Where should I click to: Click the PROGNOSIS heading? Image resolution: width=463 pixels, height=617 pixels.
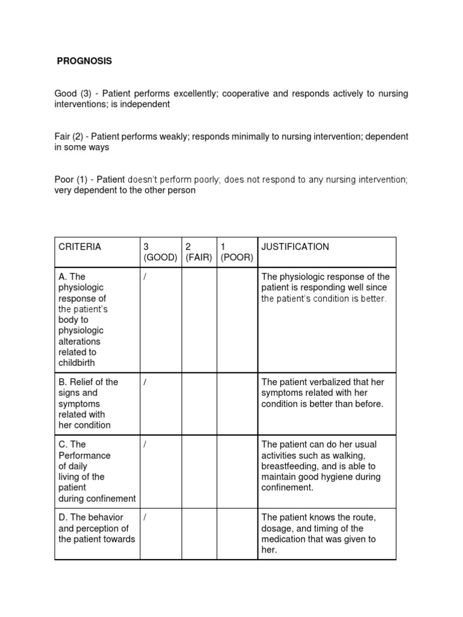coord(84,61)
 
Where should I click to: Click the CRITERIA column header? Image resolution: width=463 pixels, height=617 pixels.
coord(80,246)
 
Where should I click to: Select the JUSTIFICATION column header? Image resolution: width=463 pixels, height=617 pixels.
coord(295,246)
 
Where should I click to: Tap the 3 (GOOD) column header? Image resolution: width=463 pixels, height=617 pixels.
coord(160,252)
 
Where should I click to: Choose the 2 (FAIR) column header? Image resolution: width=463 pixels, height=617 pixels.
coord(198,252)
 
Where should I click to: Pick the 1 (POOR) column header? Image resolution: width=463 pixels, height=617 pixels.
coord(236,252)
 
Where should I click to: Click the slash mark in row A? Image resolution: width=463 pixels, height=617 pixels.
coord(145,277)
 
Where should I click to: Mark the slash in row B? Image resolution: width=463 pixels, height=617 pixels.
coord(145,382)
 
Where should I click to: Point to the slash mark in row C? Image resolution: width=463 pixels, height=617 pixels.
coord(145,444)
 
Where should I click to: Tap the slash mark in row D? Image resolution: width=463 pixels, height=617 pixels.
coord(145,518)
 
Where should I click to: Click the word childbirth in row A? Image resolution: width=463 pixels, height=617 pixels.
coord(77,363)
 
